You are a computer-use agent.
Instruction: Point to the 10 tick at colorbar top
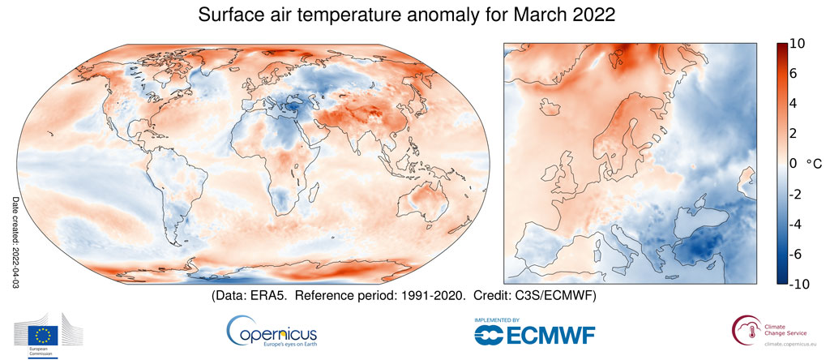(x=798, y=45)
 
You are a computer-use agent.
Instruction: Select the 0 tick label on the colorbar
(x=794, y=163)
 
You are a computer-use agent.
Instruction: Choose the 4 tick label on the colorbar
(x=795, y=104)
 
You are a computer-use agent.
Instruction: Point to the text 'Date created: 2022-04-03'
(x=15, y=242)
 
